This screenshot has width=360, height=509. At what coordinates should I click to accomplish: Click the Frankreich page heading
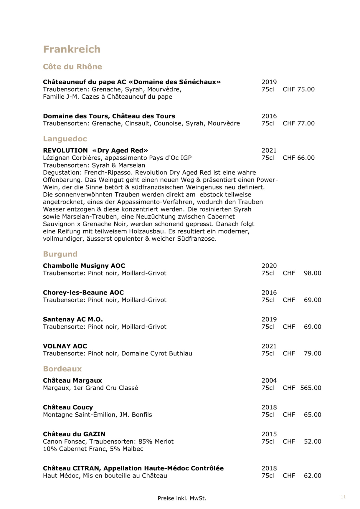point(72,49)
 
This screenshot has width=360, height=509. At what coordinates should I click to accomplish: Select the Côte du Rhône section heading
point(72,67)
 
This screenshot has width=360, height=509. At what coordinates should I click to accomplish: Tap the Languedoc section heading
point(65,139)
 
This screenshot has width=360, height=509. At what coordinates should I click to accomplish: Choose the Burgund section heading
point(60,254)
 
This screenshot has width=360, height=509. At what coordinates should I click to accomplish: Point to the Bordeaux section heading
point(62,369)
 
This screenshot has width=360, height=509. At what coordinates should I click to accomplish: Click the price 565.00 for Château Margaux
point(311,388)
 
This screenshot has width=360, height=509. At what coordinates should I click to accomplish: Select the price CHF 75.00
point(298,89)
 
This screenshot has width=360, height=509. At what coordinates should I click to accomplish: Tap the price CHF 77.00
point(298,123)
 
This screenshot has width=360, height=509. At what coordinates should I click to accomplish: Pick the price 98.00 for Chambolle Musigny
point(312,273)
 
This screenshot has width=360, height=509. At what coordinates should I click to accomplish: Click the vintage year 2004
point(269,381)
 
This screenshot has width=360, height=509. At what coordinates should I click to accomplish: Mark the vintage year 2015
point(269,434)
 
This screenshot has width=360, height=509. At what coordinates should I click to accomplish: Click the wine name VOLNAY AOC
point(65,346)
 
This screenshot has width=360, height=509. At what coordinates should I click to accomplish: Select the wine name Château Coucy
point(68,407)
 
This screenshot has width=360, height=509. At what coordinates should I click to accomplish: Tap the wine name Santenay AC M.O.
point(73,319)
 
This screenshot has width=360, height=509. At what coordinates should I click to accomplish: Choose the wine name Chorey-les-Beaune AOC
point(83,292)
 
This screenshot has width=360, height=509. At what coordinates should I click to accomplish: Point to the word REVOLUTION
point(65,151)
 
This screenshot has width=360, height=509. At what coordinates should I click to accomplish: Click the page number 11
point(343,497)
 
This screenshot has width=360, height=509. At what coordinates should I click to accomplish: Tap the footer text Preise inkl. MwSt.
point(182,498)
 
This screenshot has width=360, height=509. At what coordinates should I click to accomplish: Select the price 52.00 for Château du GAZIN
point(312,442)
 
